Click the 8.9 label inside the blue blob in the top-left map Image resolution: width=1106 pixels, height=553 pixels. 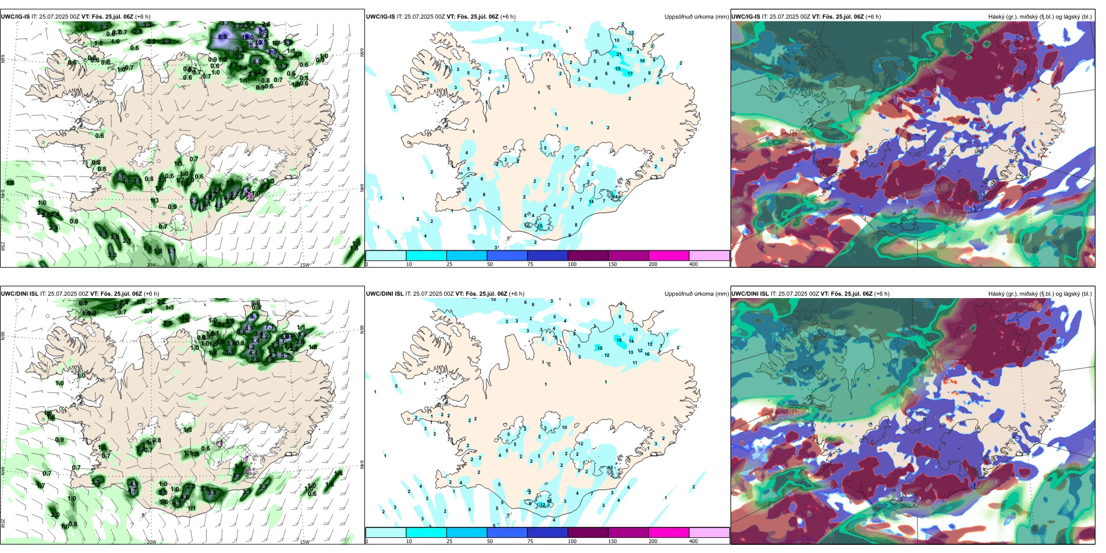222,37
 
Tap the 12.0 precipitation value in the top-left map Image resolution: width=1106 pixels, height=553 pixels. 248,37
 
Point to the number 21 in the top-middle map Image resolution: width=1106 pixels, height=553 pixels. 619,54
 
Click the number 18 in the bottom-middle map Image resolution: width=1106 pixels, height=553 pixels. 619,340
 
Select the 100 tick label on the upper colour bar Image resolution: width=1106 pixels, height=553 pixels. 572,264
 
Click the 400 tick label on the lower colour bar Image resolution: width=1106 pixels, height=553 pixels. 693,541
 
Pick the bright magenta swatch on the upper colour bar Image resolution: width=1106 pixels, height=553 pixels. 669,256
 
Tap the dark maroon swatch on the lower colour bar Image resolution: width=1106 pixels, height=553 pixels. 588,533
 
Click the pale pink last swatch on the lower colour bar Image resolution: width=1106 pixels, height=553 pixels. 709,533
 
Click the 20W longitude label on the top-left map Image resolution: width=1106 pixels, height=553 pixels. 151,265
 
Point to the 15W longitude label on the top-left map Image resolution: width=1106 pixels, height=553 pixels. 304,265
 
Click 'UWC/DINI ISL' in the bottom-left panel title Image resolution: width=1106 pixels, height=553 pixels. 19,294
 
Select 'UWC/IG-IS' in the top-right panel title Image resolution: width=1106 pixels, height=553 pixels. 746,17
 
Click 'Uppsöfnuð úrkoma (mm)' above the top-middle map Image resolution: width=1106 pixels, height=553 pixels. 696,17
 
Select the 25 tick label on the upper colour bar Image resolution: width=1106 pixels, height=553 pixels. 449,264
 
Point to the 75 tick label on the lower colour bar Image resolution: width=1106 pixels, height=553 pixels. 530,541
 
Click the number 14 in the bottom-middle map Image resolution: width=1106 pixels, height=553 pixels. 631,341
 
